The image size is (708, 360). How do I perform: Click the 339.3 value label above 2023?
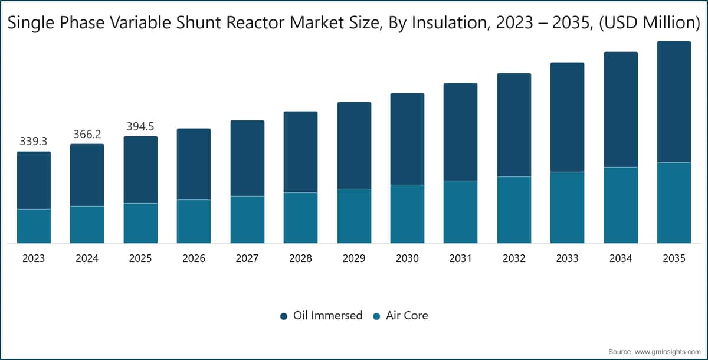pos(34,141)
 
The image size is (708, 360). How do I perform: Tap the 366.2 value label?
pos(87,135)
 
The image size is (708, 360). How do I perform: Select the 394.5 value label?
pos(140,126)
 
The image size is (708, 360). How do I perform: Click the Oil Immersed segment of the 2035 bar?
pos(674,102)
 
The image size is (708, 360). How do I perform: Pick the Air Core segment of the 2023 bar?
pos(34,226)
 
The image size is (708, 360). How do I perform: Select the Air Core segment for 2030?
pos(408,214)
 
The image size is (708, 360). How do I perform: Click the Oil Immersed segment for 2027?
pos(247,158)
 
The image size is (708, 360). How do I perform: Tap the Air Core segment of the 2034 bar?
pos(621,205)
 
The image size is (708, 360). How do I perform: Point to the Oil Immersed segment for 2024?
pos(87,175)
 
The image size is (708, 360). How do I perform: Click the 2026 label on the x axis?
pos(194,258)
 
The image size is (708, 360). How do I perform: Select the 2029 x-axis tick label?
pos(354,258)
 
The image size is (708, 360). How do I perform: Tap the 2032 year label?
pos(514,258)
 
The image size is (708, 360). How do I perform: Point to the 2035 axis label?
pos(674,258)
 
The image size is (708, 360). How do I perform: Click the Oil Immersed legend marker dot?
pos(284,316)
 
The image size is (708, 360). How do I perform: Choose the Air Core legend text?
pos(407,315)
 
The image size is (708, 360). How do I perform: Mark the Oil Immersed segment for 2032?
pos(514,125)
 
